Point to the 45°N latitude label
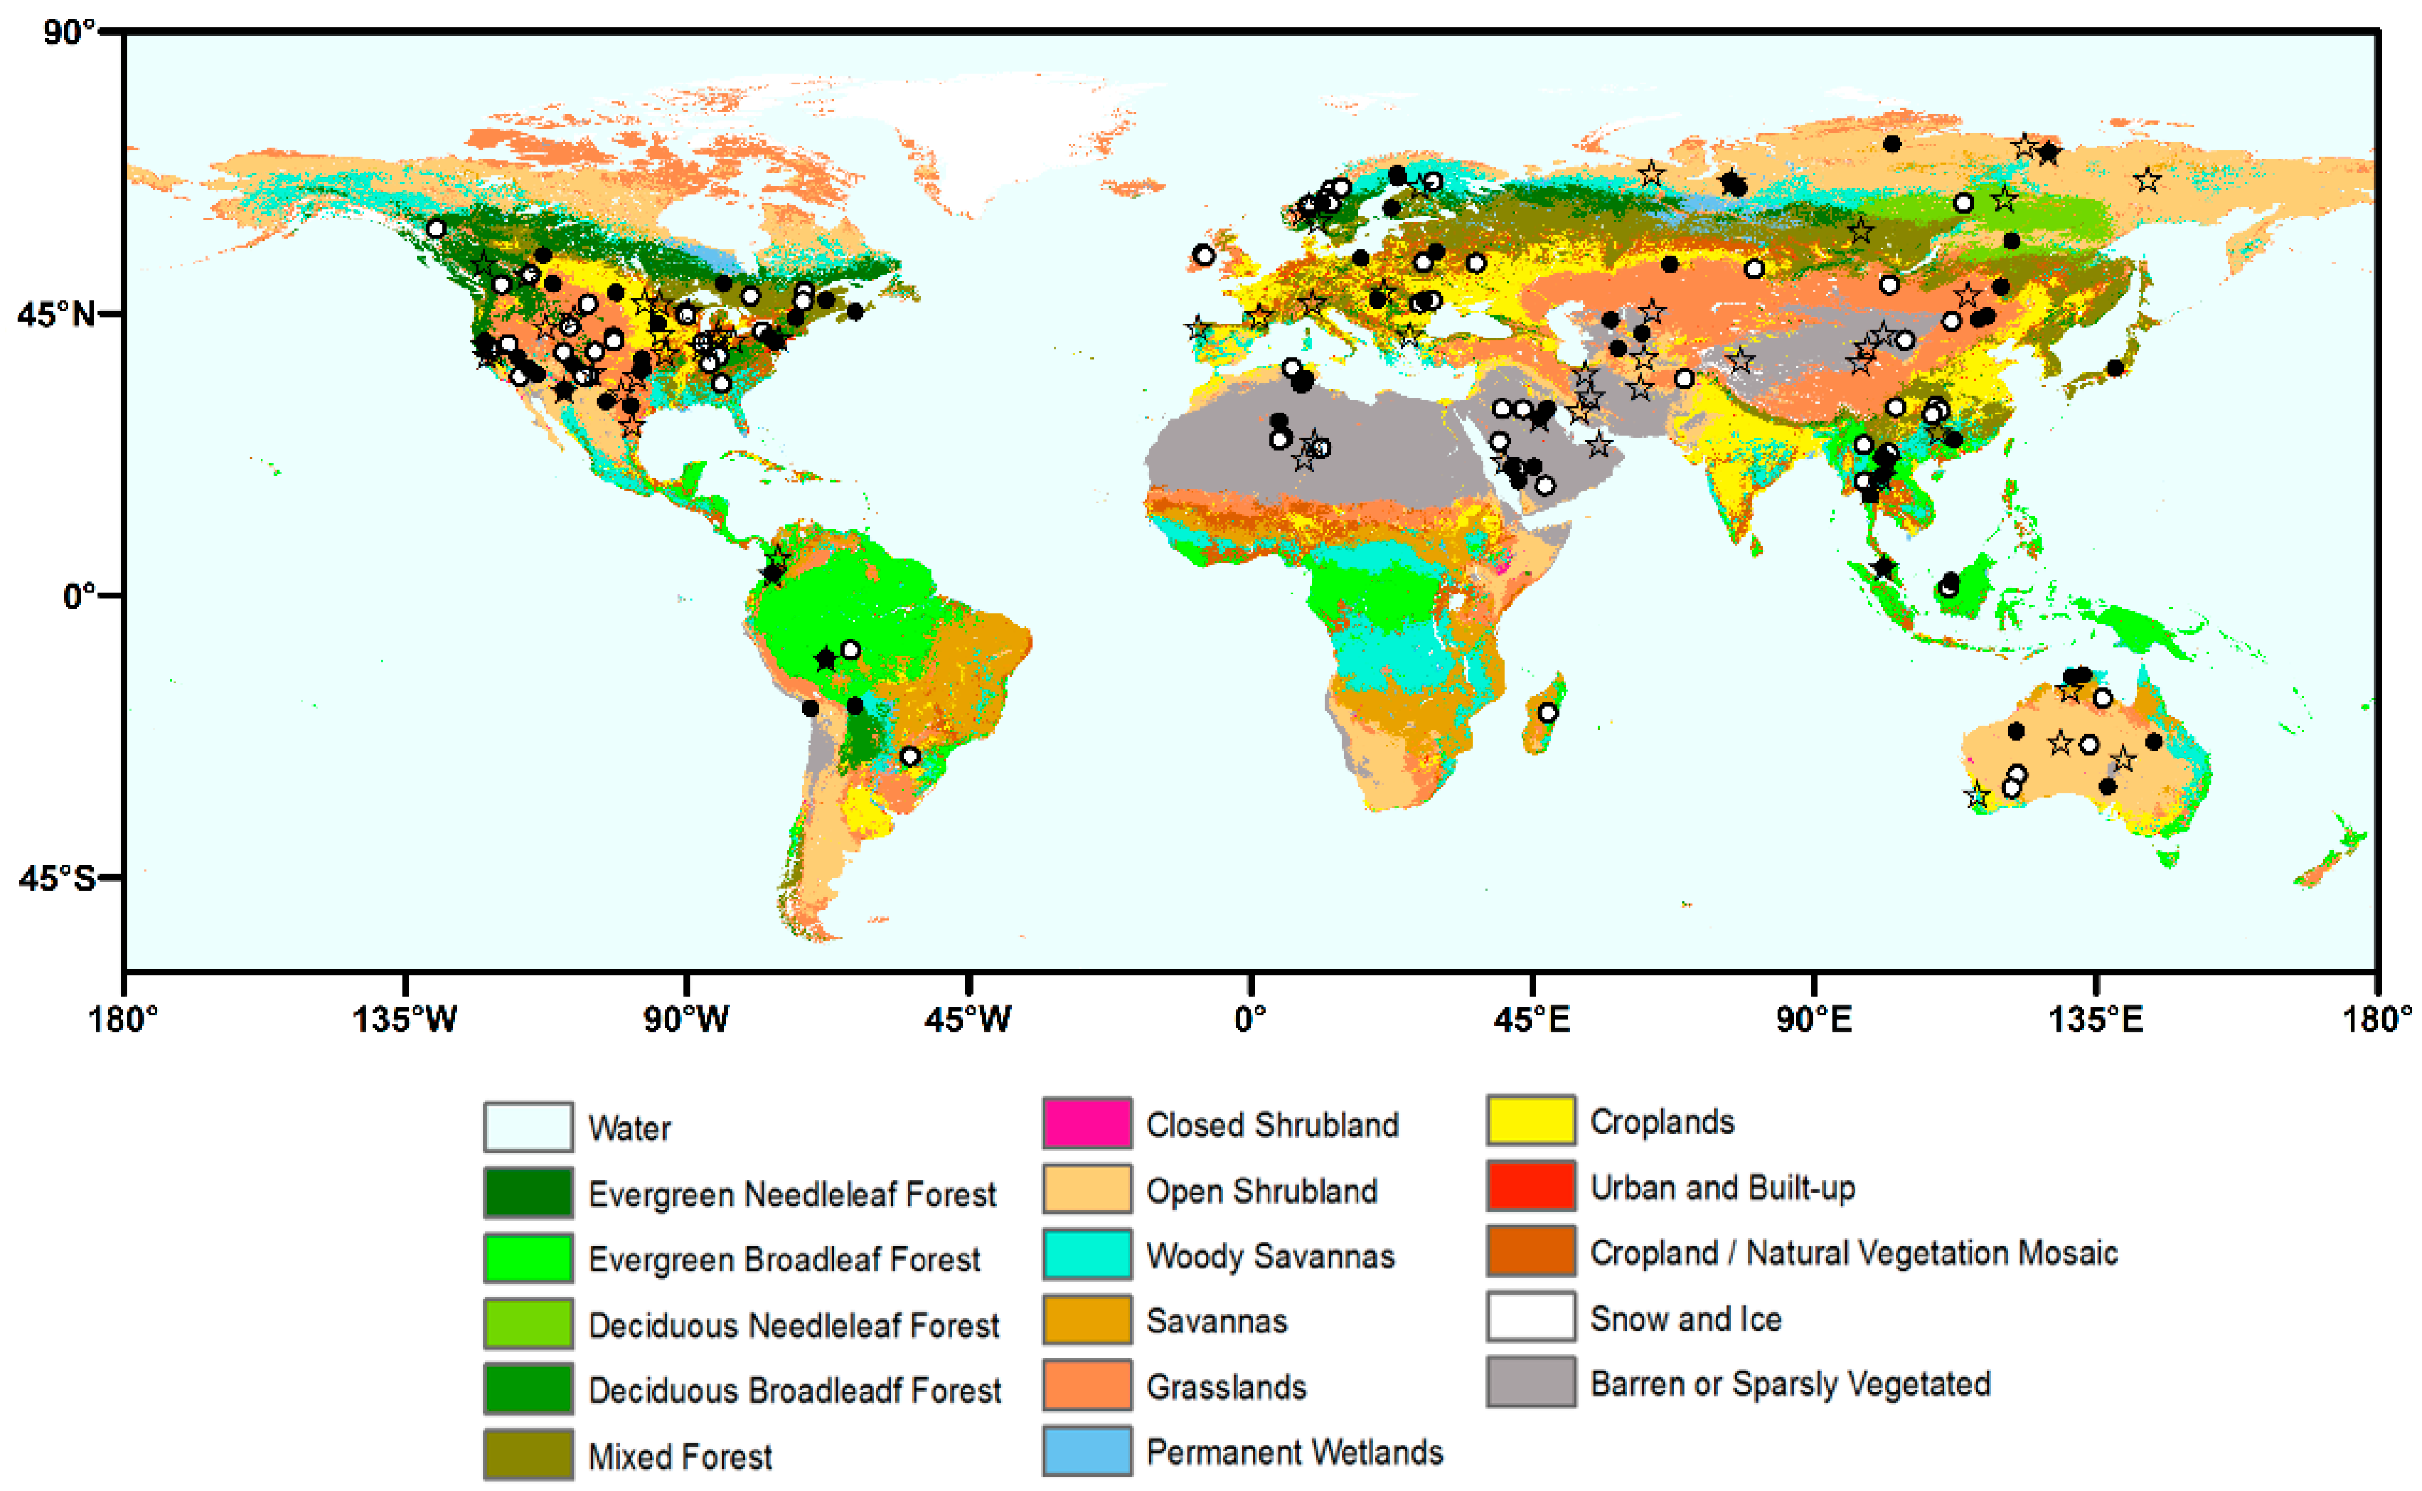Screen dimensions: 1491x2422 point(57,314)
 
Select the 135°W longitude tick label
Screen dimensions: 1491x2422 point(405,1019)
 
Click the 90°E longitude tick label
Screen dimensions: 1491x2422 point(1813,1019)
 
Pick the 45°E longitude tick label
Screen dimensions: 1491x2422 point(1531,1019)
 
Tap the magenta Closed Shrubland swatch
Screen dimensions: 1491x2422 point(1087,1124)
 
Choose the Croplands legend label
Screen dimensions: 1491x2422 point(1662,1121)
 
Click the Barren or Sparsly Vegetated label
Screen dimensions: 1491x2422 point(1790,1384)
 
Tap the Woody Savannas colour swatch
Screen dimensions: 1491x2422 point(1087,1255)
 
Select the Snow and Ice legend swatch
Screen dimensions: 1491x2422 point(1531,1318)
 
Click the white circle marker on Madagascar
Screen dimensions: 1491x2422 point(1548,713)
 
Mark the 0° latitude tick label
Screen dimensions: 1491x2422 point(79,596)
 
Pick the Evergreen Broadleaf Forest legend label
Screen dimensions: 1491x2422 point(784,1259)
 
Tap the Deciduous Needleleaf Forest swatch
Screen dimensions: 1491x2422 point(528,1324)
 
